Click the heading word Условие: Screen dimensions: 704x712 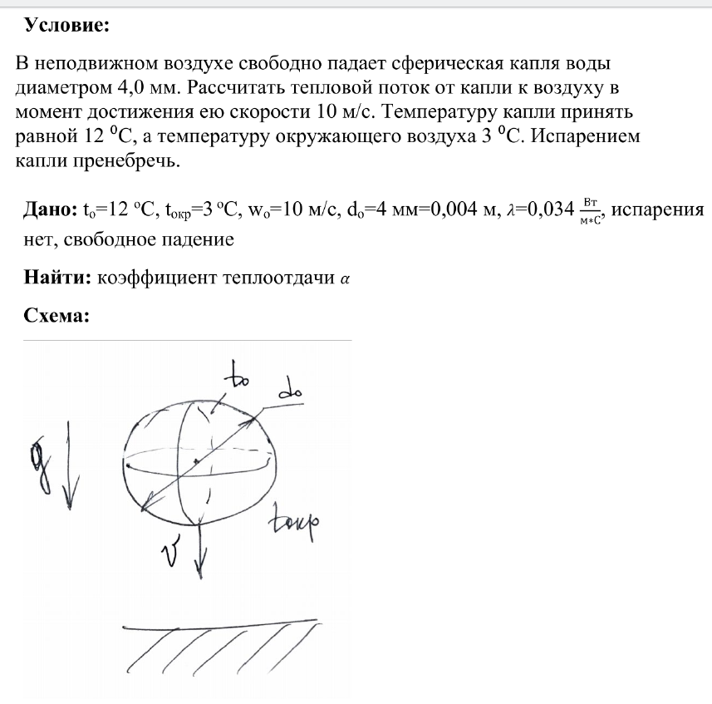[x=67, y=26]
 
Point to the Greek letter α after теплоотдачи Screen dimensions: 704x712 [x=346, y=278]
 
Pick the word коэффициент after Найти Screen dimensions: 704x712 [x=157, y=278]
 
